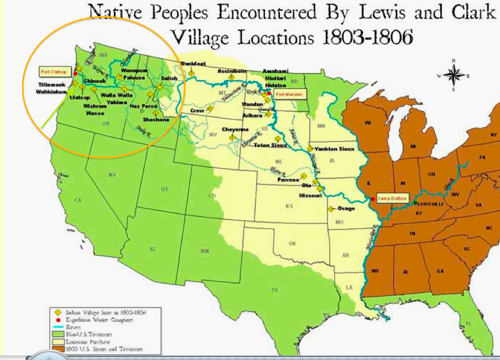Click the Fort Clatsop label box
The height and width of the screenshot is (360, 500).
[53, 72]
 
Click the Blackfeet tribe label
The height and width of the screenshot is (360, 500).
[192, 64]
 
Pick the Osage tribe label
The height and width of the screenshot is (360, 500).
[346, 208]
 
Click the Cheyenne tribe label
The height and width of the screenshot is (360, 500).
[236, 130]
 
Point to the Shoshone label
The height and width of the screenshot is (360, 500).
[155, 119]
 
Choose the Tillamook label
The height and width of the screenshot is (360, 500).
[43, 84]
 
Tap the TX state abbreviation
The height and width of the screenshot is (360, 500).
[275, 289]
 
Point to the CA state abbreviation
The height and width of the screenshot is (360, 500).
[76, 200]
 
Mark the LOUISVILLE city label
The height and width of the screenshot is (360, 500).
[432, 204]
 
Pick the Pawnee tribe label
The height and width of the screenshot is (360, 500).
[289, 180]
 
